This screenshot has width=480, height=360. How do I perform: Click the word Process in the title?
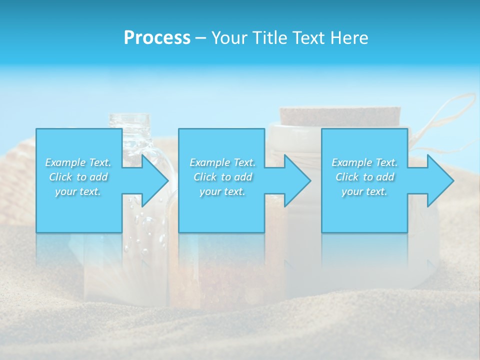coord(157,37)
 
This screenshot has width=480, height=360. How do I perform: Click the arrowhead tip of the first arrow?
coord(167,180)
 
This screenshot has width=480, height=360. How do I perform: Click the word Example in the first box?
coord(65,162)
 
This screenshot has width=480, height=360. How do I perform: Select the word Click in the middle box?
coord(204,177)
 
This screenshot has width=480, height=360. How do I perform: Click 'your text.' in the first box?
coord(78,191)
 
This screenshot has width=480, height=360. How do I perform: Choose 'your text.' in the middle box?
coord(222,191)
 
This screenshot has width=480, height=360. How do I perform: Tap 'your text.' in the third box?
coord(364,191)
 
